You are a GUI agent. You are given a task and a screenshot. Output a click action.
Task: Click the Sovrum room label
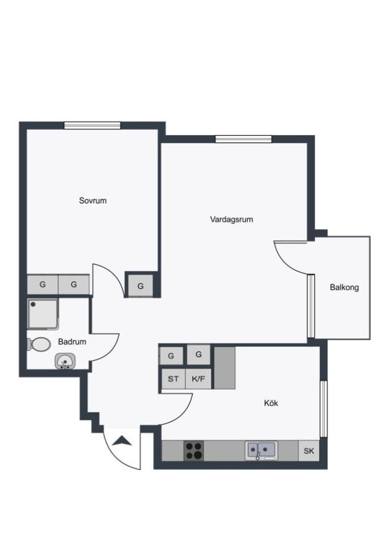pyautogui.click(x=93, y=201)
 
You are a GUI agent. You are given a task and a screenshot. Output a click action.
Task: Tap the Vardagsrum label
pyautogui.click(x=231, y=219)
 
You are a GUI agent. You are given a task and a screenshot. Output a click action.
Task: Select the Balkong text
pyautogui.click(x=344, y=287)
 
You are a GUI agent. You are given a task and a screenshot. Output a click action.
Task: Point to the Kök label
pyautogui.click(x=271, y=402)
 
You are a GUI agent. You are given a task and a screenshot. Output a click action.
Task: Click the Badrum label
pyautogui.click(x=72, y=342)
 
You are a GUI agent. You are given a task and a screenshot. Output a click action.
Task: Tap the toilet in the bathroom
pyautogui.click(x=39, y=344)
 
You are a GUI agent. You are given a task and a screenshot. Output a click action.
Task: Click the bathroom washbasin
pyautogui.click(x=65, y=361)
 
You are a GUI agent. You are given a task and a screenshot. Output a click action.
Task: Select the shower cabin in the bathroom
pyautogui.click(x=42, y=314)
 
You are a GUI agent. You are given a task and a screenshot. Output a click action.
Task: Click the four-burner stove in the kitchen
pyautogui.click(x=194, y=451)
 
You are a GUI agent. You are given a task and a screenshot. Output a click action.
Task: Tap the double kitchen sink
pyautogui.click(x=261, y=450)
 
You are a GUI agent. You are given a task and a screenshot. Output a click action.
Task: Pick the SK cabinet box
pyautogui.click(x=309, y=451)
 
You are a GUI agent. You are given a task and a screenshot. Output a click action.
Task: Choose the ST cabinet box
pyautogui.click(x=173, y=378)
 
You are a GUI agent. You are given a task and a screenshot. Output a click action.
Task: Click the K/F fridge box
pyautogui.click(x=198, y=378)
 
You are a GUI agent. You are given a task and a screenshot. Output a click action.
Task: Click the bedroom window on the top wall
pyautogui.click(x=92, y=125)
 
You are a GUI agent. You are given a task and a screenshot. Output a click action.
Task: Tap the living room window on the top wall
pyautogui.click(x=244, y=139)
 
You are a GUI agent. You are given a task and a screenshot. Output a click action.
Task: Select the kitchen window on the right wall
pyautogui.click(x=324, y=409)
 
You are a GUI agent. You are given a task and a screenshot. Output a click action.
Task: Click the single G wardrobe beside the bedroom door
pyautogui.click(x=140, y=286)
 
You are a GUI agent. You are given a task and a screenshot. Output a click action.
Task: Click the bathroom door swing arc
pyautogui.click(x=112, y=351)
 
